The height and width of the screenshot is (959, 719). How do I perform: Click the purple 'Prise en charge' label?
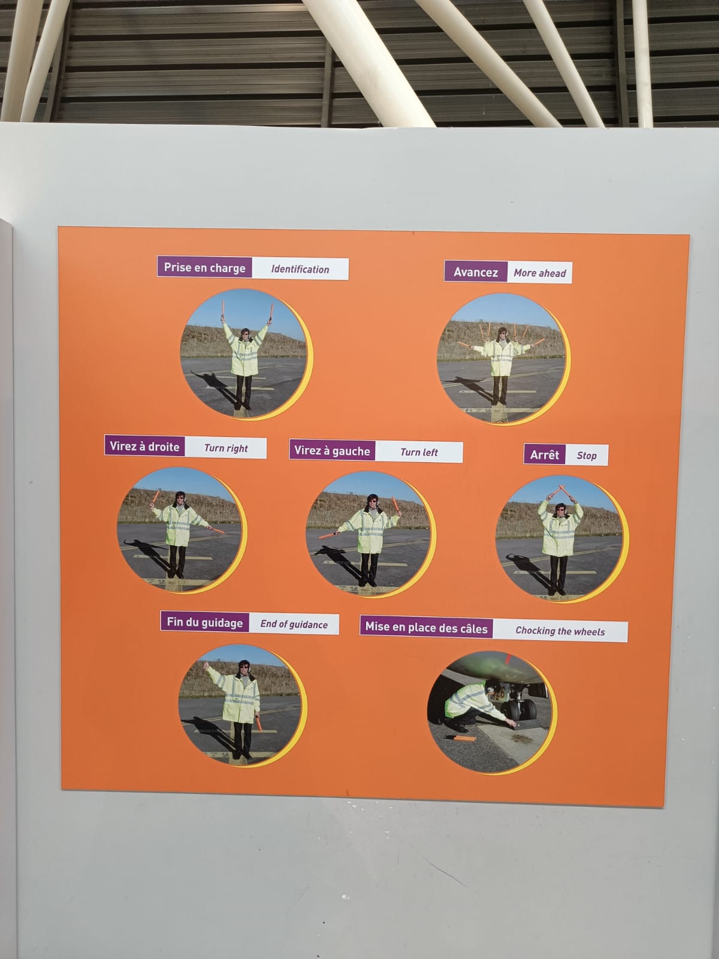coord(204,267)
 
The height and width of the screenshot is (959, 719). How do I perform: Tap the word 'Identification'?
coord(300,269)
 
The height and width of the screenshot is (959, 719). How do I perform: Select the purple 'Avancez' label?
coord(475,272)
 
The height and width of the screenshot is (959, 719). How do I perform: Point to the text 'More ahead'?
coord(540,273)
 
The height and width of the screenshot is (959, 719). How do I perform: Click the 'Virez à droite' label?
coord(144,446)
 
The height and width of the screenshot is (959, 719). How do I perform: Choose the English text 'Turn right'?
coord(226,448)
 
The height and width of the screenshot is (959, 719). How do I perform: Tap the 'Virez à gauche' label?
coord(332,451)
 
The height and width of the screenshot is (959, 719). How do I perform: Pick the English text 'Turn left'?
coord(419,452)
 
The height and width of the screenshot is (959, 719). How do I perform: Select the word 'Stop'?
coord(587,456)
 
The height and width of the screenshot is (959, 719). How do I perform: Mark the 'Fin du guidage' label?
coord(205,622)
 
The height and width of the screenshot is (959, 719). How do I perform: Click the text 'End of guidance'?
coord(294,625)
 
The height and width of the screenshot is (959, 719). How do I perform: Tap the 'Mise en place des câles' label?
coord(426,628)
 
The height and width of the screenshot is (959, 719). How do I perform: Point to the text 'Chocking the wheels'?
coord(560,631)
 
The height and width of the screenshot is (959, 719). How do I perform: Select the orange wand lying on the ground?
coord(460,738)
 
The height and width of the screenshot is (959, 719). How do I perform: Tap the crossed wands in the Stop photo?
coord(561,491)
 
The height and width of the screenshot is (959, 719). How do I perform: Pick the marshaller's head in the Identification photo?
coord(245,334)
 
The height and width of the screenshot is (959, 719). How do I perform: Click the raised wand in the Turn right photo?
coord(155,497)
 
